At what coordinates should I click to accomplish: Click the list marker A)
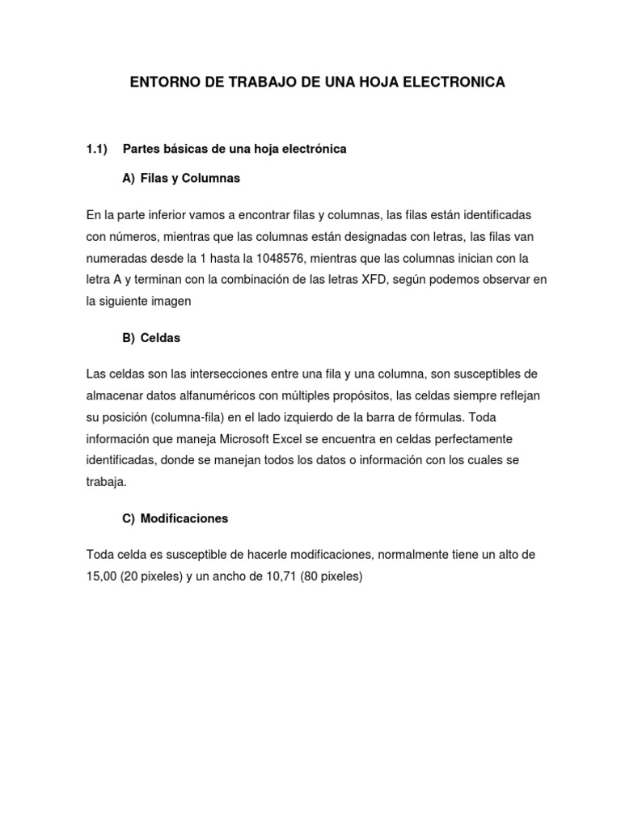click(x=129, y=178)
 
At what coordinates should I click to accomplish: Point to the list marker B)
click(x=129, y=338)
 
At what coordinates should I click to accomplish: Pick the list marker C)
click(x=129, y=519)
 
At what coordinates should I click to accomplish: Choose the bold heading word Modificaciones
click(x=184, y=519)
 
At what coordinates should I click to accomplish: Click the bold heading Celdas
click(x=160, y=338)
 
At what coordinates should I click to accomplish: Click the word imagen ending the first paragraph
click(x=170, y=301)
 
